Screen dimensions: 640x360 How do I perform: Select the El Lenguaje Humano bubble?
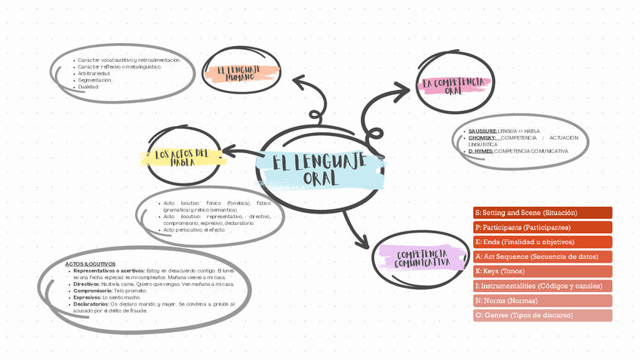click(243, 73)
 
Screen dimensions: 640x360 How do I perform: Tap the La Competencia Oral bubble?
click(453, 85)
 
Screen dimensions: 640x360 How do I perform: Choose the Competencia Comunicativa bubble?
click(423, 258)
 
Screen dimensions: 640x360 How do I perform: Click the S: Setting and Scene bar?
click(542, 213)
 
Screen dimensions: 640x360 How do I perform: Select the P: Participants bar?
click(542, 227)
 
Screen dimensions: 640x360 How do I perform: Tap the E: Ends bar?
click(542, 242)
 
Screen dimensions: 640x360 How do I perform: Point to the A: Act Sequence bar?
click(542, 257)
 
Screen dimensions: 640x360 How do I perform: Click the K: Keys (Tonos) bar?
click(542, 271)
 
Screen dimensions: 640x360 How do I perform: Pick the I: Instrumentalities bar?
click(542, 286)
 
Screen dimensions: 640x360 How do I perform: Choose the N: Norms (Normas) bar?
click(542, 300)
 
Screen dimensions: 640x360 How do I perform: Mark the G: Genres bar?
click(542, 315)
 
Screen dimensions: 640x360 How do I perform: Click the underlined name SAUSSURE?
click(482, 131)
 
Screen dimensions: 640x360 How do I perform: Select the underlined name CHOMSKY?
click(482, 137)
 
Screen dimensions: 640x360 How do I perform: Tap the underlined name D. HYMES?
click(481, 151)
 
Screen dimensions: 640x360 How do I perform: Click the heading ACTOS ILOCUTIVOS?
click(90, 263)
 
